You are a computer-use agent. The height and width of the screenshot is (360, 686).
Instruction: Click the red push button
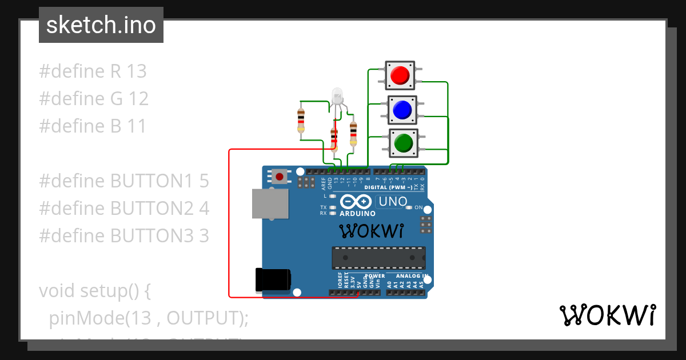pyautogui.click(x=400, y=75)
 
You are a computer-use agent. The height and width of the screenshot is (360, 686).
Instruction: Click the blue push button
pyautogui.click(x=403, y=110)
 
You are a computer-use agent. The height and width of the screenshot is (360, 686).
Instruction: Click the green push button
pyautogui.click(x=404, y=143)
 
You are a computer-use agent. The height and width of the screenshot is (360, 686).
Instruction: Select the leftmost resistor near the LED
pyautogui.click(x=301, y=120)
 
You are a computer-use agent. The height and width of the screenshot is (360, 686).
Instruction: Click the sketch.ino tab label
pyautogui.click(x=101, y=25)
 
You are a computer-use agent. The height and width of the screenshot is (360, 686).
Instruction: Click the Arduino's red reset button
pyautogui.click(x=279, y=177)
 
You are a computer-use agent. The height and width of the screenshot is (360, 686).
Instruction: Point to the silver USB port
pyautogui.click(x=270, y=203)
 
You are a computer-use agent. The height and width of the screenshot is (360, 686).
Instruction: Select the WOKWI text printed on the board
pyautogui.click(x=372, y=231)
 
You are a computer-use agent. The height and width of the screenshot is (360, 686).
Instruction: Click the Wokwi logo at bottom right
pyautogui.click(x=607, y=315)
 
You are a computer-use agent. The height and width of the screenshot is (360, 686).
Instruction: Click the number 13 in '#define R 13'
pyautogui.click(x=137, y=71)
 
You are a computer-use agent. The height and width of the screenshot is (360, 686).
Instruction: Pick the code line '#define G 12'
pyautogui.click(x=94, y=99)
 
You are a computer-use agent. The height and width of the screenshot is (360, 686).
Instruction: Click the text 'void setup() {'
pyautogui.click(x=95, y=291)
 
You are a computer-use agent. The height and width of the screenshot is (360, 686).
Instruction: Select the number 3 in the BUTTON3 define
pyautogui.click(x=204, y=236)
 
